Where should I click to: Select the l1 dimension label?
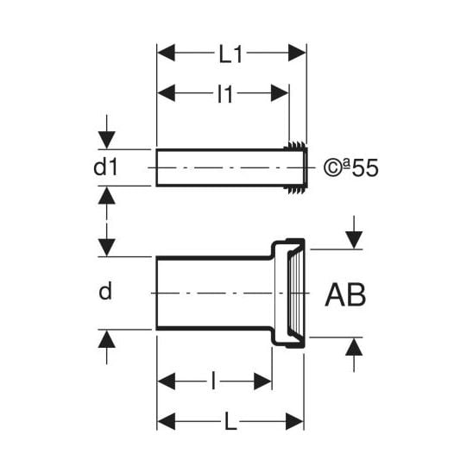click(225, 94)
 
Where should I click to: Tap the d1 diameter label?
click(105, 167)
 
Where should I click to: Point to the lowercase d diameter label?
click(105, 291)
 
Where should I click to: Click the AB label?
click(345, 294)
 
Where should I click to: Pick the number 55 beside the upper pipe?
click(365, 168)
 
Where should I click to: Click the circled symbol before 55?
click(332, 168)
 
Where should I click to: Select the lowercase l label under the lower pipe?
click(213, 381)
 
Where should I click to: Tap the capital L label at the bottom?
click(230, 421)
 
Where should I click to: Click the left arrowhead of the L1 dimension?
click(167, 53)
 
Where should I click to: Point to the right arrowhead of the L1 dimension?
click(298, 53)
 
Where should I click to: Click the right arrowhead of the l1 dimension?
click(280, 93)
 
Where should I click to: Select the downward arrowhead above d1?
click(106, 141)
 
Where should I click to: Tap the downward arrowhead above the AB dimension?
click(354, 240)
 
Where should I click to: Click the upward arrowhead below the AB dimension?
click(354, 347)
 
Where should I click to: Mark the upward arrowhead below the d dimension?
click(106, 338)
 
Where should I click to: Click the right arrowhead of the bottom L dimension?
click(294, 421)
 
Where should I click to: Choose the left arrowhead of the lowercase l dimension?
click(167, 381)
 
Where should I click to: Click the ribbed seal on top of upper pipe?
click(295, 145)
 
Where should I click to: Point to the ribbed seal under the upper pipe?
click(295, 190)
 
